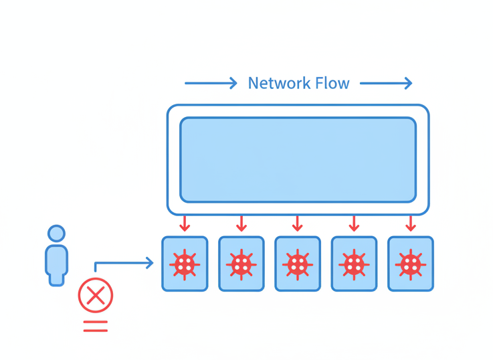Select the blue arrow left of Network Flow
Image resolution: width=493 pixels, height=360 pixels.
coord(211,84)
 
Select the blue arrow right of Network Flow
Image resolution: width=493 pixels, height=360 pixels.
coord(386,84)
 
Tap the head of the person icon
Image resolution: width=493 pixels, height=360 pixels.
coord(57,234)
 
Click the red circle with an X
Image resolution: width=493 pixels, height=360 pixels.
coord(96,295)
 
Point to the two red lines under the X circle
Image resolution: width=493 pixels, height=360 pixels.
coord(96,327)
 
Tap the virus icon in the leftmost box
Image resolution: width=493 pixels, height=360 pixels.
coord(185,264)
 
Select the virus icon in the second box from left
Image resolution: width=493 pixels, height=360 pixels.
coord(241,264)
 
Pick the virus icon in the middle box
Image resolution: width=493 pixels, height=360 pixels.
coord(298,264)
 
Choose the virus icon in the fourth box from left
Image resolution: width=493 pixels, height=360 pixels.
coord(354,264)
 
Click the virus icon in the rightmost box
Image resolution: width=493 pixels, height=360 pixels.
coord(411,264)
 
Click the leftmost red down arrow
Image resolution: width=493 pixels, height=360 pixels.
coord(185,223)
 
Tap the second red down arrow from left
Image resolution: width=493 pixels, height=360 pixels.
coord(241,223)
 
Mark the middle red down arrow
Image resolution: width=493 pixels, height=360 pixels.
coord(298,223)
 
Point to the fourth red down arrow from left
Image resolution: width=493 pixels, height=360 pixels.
coord(354,223)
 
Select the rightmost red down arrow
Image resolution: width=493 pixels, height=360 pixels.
coord(411,223)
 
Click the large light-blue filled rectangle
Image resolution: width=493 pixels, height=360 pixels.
coord(298,160)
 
